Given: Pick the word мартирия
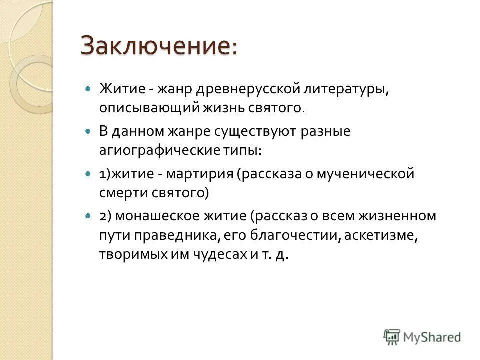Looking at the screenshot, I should pyautogui.click(x=200, y=174).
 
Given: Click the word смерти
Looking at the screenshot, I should pyautogui.click(x=118, y=191).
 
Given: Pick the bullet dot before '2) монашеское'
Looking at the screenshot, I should pyautogui.click(x=89, y=217).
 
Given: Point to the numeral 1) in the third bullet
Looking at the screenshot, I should pyautogui.click(x=104, y=174).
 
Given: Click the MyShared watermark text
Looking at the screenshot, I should pyautogui.click(x=433, y=337).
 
